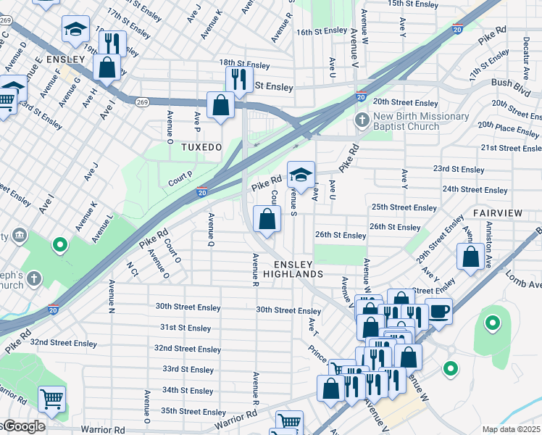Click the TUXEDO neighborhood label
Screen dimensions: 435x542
201,146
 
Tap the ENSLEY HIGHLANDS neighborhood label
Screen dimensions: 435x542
298,269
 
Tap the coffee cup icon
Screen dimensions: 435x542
438,311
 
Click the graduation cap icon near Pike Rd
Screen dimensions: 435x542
301,174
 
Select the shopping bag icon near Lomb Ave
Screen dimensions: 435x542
470,256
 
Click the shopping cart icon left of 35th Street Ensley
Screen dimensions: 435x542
51,398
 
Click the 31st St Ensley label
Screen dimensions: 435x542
186,328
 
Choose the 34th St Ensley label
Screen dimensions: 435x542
188,391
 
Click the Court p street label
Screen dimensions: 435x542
179,175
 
